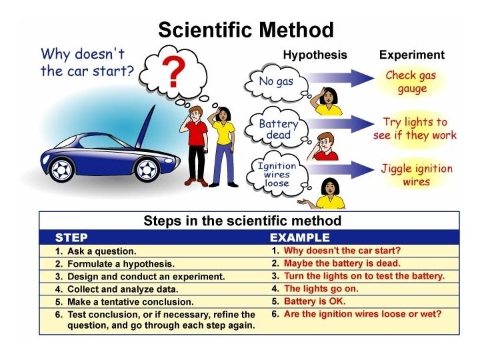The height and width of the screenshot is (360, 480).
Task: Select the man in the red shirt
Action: pos(197,143)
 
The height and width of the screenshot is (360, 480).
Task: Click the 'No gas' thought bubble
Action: pos(276,83)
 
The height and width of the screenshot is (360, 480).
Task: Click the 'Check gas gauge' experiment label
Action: pos(411,81)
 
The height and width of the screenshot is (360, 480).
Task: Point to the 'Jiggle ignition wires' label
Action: pos(416,175)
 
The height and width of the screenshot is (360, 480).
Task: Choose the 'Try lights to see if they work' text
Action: pos(415,128)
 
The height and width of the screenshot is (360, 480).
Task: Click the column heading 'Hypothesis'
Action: pos(315,55)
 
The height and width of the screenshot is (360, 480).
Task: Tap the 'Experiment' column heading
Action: pos(411,55)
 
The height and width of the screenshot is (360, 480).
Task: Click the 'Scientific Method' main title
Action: pos(245,30)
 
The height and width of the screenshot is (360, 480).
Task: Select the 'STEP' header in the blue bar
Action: pos(71,237)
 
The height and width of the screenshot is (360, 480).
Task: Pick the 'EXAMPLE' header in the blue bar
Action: pos(299,237)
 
